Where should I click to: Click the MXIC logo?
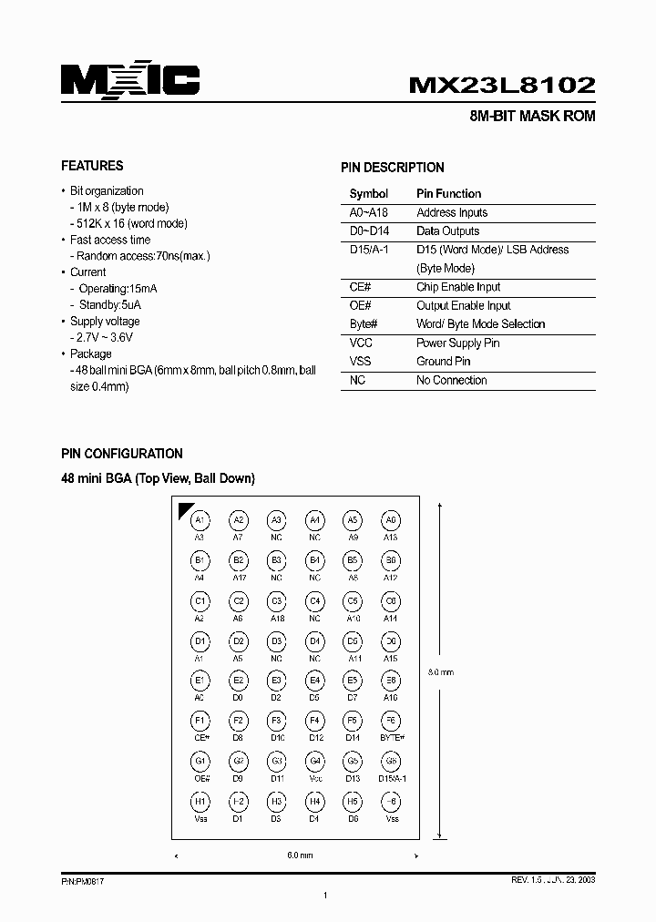130,81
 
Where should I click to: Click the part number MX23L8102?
502,85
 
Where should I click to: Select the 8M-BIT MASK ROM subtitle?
531,118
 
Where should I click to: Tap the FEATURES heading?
92,166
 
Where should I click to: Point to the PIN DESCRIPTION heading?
393,168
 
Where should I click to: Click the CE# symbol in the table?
359,287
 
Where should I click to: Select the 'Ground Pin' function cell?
444,362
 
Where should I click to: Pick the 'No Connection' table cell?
451,380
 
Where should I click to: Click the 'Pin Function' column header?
448,193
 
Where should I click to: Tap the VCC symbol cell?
361,343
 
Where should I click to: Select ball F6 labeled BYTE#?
391,721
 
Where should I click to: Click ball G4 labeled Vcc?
314,761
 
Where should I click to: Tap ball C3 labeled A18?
276,601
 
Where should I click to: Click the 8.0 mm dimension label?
441,672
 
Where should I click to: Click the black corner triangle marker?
185,509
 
